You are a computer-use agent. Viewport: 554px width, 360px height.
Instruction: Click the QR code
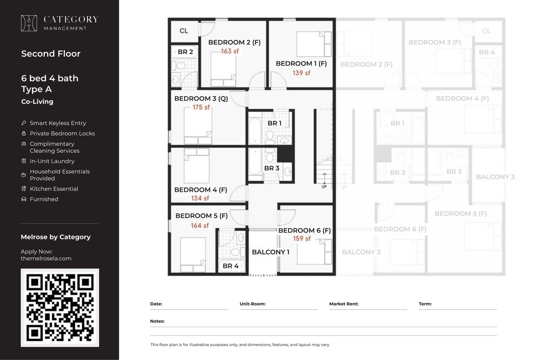point(60,307)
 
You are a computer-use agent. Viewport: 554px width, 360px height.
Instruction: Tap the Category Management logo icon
point(29,23)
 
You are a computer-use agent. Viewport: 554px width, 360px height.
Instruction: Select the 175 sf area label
point(201,108)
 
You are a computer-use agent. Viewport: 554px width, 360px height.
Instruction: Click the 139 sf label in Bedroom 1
point(302,73)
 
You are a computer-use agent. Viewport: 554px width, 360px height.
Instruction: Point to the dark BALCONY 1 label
point(270,252)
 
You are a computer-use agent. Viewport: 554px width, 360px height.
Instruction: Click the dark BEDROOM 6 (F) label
point(304,230)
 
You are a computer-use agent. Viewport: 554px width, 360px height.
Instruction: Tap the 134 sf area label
point(200,198)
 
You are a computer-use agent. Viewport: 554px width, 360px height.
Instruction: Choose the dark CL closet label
point(184,31)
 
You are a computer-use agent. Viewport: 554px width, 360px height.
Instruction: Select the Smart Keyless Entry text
point(58,123)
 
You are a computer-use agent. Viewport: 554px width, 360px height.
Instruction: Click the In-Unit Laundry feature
point(52,161)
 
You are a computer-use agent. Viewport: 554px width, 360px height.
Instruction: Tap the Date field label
point(156,304)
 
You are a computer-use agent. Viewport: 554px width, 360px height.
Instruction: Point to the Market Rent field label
point(344,304)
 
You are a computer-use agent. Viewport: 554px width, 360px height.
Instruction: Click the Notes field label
point(157,321)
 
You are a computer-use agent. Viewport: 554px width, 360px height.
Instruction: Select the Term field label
point(425,304)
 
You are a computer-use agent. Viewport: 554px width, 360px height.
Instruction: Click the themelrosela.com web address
point(46,258)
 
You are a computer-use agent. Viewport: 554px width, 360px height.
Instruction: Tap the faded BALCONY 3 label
point(495,177)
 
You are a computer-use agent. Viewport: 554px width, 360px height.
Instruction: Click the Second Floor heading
point(51,54)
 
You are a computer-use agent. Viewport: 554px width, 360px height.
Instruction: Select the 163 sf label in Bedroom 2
point(230,51)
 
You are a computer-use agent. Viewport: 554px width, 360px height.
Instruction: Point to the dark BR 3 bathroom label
point(272,168)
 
